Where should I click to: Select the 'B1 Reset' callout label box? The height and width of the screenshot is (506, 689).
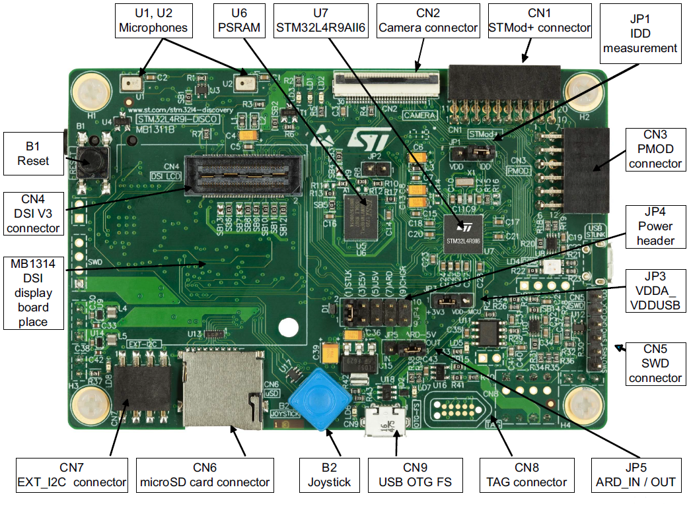pos(33,153)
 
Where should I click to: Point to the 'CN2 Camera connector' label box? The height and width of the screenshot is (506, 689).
pos(428,20)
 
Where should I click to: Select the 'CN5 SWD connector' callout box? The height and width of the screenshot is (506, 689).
pos(655,362)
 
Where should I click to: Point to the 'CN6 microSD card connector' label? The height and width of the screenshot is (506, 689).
pos(205,474)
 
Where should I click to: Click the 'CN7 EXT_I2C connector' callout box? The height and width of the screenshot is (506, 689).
pos(71,474)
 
